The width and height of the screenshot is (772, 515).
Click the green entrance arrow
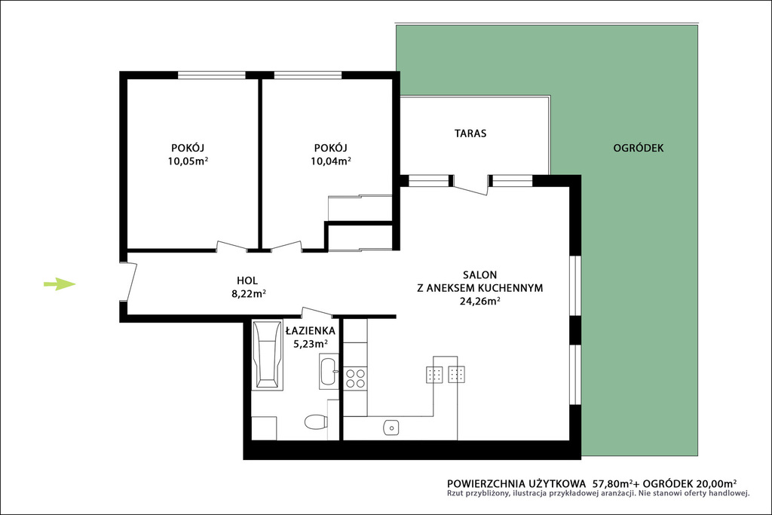pos(60,284)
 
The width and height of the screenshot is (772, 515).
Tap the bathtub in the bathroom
pos(268,354)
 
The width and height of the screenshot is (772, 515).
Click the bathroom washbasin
pos(329,371)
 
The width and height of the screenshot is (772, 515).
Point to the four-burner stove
pos(355,378)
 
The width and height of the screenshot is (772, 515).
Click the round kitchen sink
pos(391,428)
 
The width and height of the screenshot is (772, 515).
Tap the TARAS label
pos(470,133)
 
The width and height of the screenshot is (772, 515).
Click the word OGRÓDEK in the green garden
pos(638,148)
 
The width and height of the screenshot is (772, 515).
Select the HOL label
pos(247,280)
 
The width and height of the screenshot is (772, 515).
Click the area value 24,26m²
pos(480,302)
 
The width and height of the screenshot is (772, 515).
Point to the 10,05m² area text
pos(188,161)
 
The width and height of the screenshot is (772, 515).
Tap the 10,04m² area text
pos(330,161)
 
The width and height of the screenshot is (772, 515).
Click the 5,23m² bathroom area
pos(311,344)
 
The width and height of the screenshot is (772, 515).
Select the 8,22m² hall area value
pos(249,294)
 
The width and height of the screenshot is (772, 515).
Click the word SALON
pos(479,274)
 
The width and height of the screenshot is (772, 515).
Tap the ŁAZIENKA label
pos(310,330)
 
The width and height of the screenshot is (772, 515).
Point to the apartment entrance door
pos(130,281)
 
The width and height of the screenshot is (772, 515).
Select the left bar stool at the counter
pos(434,375)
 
